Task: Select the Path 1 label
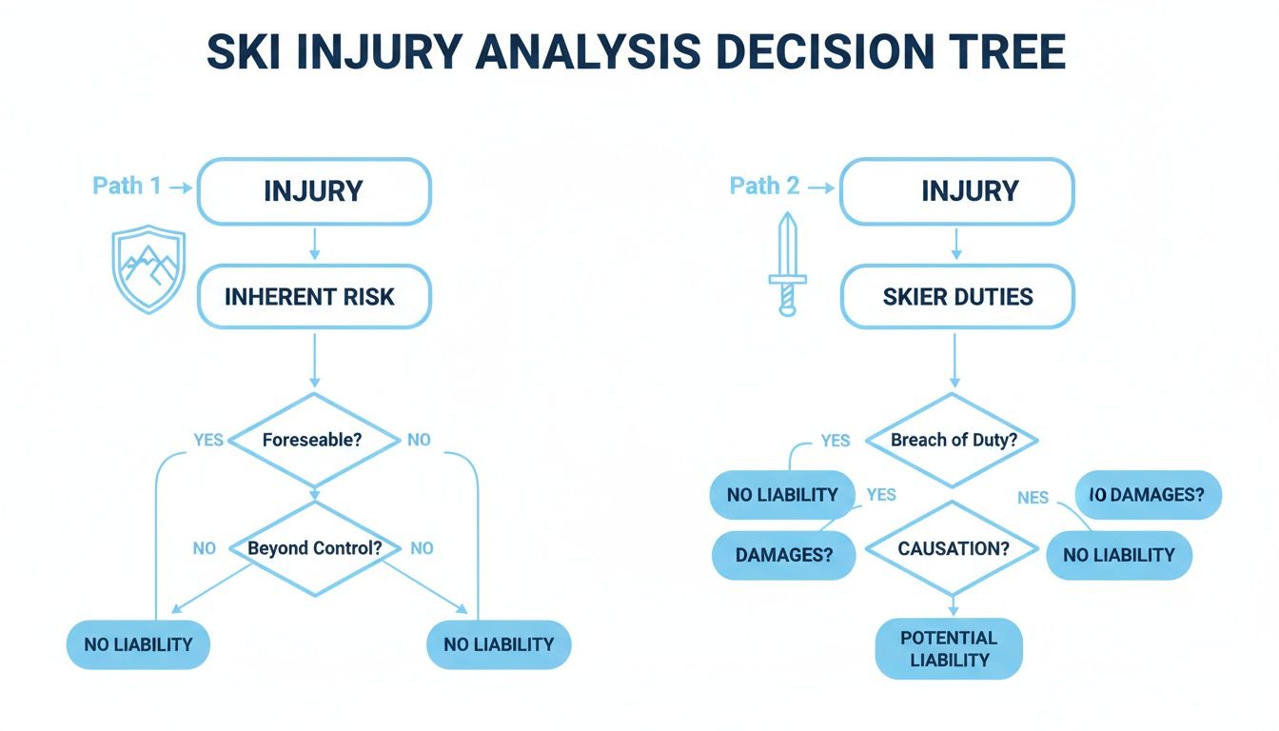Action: click(x=127, y=186)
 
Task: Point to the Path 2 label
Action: click(x=764, y=186)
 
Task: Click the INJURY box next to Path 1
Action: click(x=313, y=191)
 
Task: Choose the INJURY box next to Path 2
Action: click(x=956, y=191)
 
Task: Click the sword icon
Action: click(x=787, y=264)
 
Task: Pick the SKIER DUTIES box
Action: click(x=956, y=297)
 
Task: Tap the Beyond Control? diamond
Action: click(x=315, y=548)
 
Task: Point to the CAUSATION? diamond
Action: click(x=952, y=549)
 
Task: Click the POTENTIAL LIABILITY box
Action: click(x=948, y=649)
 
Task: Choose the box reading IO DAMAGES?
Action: click(x=1148, y=495)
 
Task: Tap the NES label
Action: click(x=1033, y=497)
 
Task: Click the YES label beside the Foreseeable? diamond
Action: click(x=208, y=440)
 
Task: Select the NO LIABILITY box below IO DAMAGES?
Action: click(x=1118, y=555)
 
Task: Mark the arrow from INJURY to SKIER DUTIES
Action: click(x=956, y=245)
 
